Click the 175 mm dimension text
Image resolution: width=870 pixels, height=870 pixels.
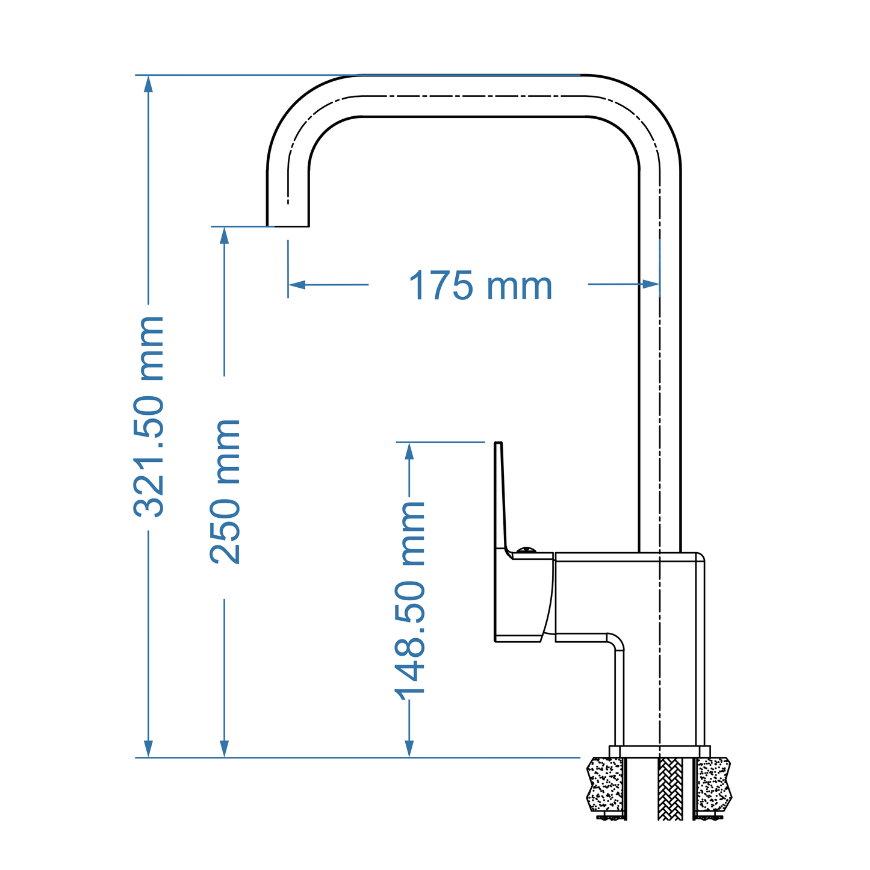(480, 286)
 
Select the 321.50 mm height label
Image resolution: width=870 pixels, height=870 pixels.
(149, 416)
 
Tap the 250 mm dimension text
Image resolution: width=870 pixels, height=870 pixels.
(225, 492)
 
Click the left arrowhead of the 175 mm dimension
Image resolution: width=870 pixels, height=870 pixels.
(297, 284)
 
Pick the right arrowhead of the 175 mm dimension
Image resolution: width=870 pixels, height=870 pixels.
(651, 284)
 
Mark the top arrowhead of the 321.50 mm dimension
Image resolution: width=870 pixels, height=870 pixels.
(149, 84)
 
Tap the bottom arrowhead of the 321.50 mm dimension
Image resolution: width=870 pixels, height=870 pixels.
(149, 748)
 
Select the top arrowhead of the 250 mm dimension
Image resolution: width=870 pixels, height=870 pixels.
(225, 235)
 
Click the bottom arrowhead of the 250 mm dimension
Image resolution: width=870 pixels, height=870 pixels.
(225, 748)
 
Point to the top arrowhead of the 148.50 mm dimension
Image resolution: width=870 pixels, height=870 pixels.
(409, 451)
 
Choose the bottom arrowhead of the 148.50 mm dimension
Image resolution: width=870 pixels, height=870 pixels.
(409, 748)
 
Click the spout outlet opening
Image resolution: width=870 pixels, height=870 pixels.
(288, 226)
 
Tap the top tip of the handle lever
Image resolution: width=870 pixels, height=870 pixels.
(498, 444)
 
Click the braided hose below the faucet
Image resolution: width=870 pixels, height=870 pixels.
(670, 789)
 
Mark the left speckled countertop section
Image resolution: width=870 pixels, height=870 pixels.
(605, 784)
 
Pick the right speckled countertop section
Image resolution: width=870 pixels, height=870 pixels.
(714, 784)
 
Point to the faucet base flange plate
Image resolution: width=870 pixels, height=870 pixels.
(659, 751)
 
